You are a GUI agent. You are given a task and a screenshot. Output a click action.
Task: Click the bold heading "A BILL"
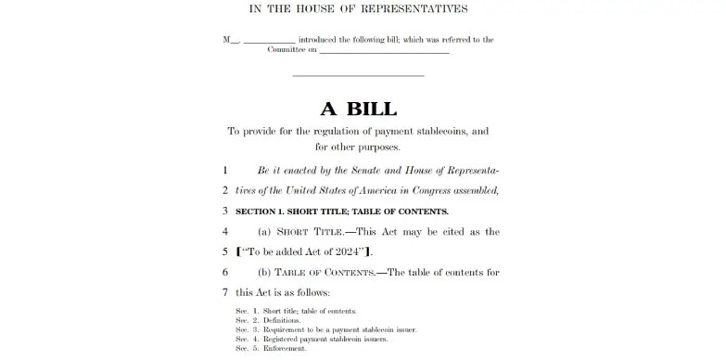pyautogui.click(x=358, y=108)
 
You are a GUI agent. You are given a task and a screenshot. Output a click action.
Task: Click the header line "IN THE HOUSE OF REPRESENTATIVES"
pyautogui.click(x=359, y=8)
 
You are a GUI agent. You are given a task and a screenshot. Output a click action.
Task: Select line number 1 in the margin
pyautogui.click(x=225, y=171)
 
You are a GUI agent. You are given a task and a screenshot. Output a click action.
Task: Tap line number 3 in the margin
pyautogui.click(x=225, y=211)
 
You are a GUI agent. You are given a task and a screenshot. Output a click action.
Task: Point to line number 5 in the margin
pyautogui.click(x=225, y=251)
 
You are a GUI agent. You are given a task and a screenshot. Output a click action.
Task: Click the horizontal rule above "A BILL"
pyautogui.click(x=358, y=75)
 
